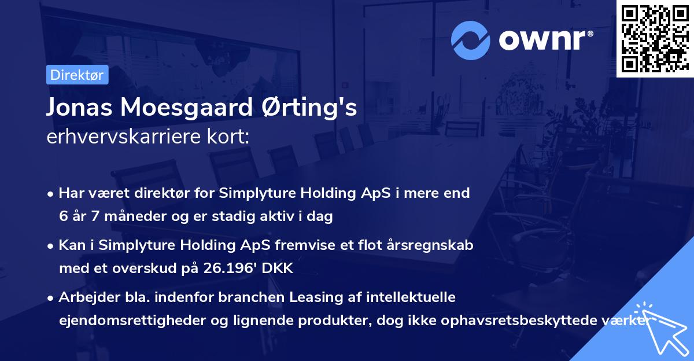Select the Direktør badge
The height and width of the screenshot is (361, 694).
point(77,75)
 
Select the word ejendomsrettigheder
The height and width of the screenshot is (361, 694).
point(136,321)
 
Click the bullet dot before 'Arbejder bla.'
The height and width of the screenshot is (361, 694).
point(51,298)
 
